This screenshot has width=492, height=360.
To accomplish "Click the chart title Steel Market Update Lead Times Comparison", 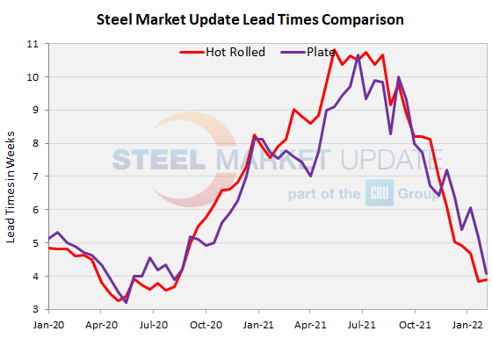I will pyautogui.click(x=245, y=18).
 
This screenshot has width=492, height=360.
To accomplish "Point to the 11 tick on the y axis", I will pyautogui.click(x=33, y=44).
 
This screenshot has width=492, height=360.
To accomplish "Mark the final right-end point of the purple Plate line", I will pyautogui.click(x=486, y=274).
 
